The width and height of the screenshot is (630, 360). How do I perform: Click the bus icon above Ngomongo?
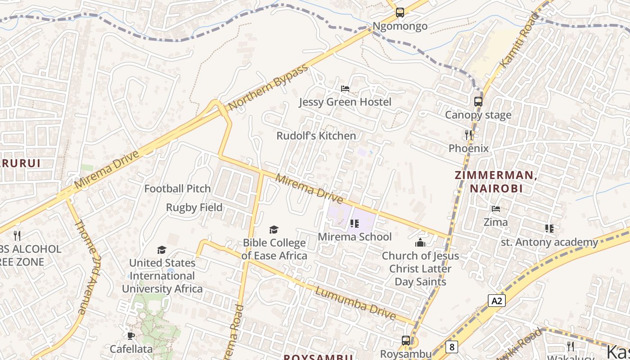(x=400, y=13)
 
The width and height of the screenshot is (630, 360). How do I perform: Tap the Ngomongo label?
(x=400, y=26)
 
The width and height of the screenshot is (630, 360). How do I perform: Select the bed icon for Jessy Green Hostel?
(x=345, y=89)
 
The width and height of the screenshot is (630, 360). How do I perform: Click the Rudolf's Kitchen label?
(x=316, y=135)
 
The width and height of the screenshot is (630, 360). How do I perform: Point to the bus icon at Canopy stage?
(x=478, y=102)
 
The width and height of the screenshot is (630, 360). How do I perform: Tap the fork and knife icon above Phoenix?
(x=468, y=135)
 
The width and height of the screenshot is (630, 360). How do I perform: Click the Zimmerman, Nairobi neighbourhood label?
(x=496, y=182)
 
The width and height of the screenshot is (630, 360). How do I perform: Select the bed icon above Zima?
(x=496, y=209)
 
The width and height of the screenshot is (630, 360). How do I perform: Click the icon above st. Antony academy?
(x=549, y=229)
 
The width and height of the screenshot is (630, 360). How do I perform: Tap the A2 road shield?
(x=496, y=301)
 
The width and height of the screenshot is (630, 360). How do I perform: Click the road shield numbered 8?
(x=451, y=347)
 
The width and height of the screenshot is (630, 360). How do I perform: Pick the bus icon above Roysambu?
(x=406, y=341)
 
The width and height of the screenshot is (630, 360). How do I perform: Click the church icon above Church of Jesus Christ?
(x=420, y=243)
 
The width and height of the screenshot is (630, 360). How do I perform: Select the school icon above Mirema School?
(x=355, y=224)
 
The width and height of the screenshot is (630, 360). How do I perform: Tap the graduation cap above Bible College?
(x=274, y=230)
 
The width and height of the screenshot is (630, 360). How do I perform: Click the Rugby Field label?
(x=194, y=207)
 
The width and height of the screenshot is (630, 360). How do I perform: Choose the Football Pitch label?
(x=177, y=189)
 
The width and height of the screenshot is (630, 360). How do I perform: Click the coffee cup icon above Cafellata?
(x=131, y=336)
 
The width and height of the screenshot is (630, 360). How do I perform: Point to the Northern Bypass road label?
(x=268, y=87)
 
